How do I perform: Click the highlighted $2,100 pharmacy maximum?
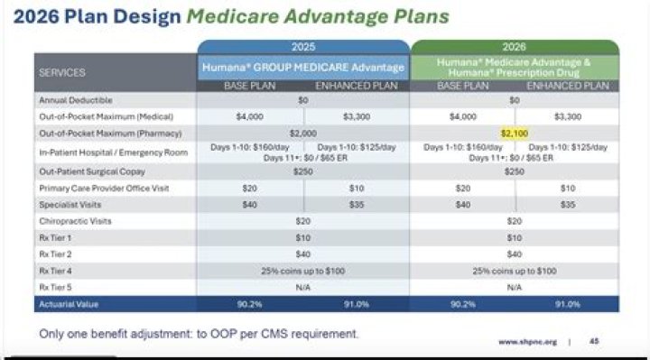(515, 134)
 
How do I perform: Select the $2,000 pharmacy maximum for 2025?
(303, 134)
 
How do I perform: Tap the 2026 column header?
(515, 47)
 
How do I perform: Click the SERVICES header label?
(62, 72)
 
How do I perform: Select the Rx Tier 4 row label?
(55, 270)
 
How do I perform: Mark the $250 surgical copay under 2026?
(515, 171)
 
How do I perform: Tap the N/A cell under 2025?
(303, 287)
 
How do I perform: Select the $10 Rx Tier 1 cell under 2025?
(303, 237)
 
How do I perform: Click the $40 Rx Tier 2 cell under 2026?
(515, 254)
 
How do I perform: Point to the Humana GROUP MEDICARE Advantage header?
(303, 65)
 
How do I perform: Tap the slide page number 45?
(594, 342)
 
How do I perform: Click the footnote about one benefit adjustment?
(199, 334)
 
